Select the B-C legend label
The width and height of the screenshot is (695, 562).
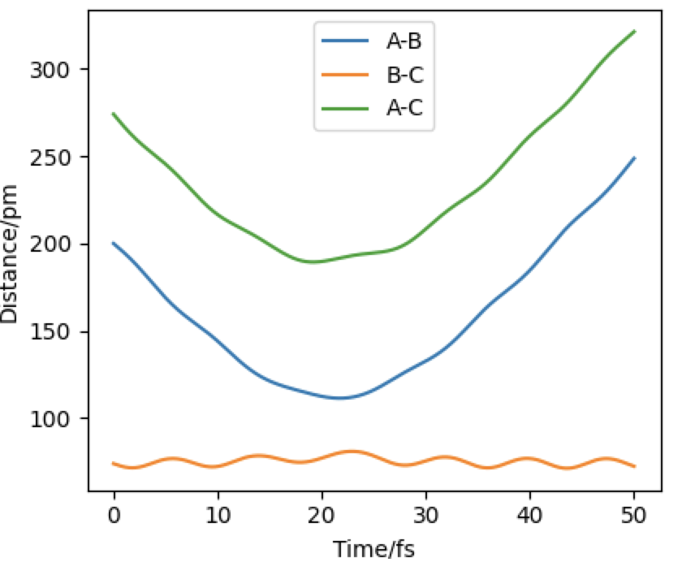click(x=404, y=76)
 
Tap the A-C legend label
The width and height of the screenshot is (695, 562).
click(x=404, y=109)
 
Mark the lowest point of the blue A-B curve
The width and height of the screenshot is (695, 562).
click(x=340, y=398)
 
